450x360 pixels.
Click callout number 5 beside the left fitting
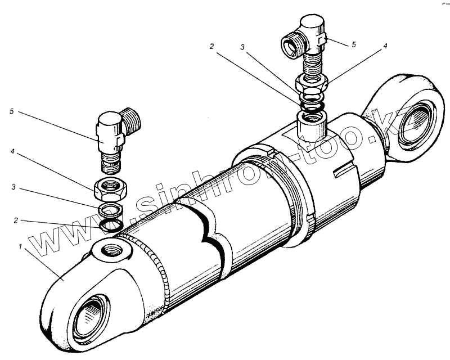coord(11,112)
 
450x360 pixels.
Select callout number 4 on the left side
coord(11,151)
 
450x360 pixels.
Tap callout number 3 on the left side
coord(11,186)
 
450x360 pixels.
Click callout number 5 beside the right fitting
coord(353,44)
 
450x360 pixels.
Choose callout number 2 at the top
coord(211,47)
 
